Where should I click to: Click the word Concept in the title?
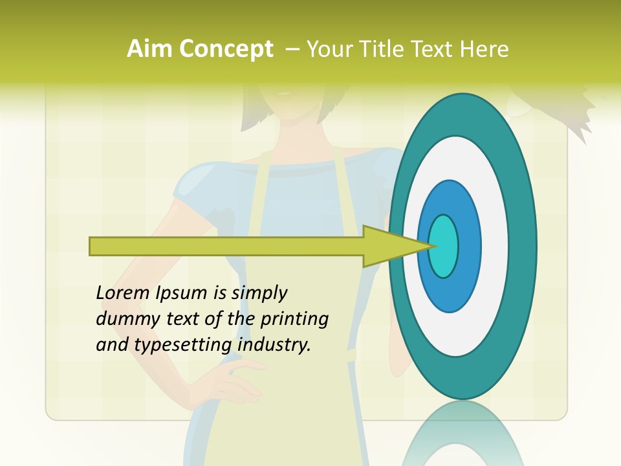[x=224, y=49]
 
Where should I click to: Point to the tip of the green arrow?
[x=432, y=246]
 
